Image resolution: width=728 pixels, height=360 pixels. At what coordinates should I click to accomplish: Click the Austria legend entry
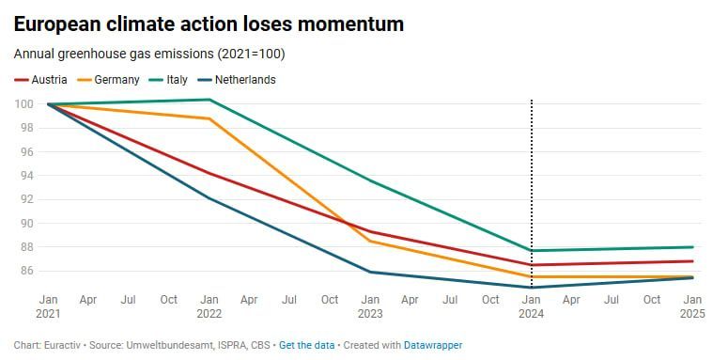(40, 80)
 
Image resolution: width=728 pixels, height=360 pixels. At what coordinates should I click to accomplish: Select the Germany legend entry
(109, 80)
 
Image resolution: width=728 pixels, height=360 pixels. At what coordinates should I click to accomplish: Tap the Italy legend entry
(168, 80)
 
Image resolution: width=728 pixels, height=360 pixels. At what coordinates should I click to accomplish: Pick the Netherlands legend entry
(237, 80)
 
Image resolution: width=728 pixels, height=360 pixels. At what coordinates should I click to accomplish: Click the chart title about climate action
(209, 23)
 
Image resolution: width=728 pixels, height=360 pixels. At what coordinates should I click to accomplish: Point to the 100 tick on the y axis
(23, 104)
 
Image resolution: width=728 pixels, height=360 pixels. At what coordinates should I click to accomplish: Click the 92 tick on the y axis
(25, 200)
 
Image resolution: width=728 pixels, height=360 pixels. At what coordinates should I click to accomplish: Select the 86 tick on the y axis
(25, 271)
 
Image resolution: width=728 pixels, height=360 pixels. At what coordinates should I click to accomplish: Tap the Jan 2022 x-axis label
(209, 306)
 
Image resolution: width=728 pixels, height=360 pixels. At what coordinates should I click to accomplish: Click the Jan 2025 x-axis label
(692, 306)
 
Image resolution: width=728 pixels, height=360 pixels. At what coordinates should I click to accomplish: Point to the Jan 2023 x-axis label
(370, 306)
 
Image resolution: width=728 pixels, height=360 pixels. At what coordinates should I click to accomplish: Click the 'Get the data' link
(307, 346)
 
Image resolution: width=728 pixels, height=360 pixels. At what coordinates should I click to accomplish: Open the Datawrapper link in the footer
(433, 346)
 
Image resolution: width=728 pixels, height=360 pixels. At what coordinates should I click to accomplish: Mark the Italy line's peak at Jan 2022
(209, 100)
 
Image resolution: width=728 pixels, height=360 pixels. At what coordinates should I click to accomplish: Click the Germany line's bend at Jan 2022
(209, 118)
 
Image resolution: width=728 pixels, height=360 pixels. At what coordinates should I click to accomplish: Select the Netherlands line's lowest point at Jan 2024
(531, 288)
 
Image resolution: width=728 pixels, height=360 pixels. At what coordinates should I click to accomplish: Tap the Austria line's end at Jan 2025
(692, 261)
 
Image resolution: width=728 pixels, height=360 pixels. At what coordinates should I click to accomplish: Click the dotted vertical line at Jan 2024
(531, 196)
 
